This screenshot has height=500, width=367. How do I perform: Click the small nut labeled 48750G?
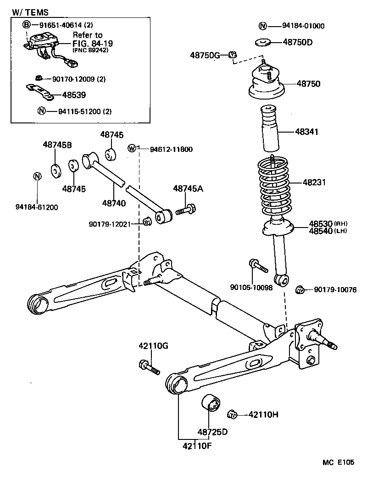232,56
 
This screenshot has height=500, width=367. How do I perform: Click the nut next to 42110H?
232,414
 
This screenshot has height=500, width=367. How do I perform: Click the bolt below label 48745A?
185,210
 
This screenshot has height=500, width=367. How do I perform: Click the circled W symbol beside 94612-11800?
132,148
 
